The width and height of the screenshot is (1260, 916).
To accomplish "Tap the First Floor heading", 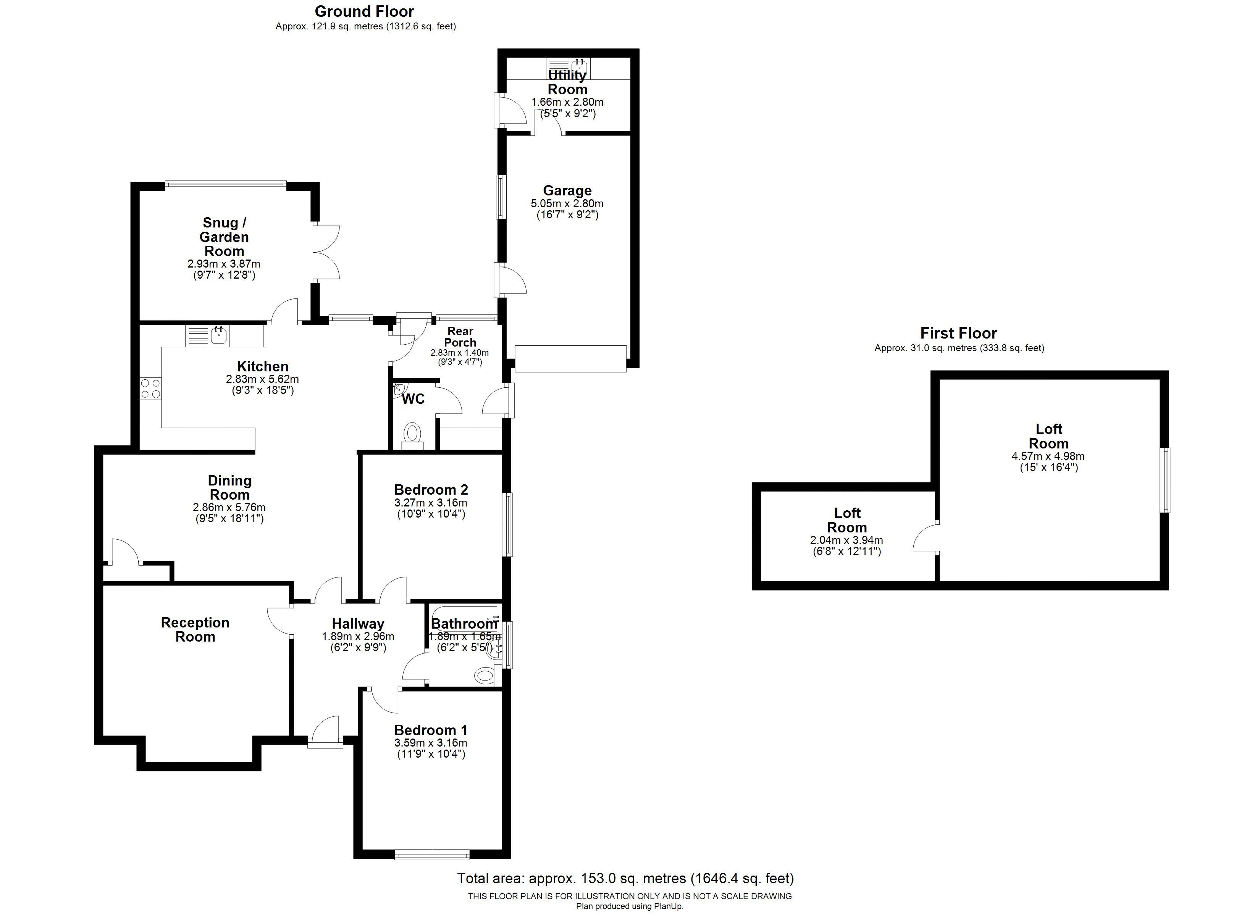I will pos(958,333).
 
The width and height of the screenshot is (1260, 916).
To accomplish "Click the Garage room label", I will pos(567,190).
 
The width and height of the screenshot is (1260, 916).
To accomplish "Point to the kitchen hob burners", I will pos(150,388).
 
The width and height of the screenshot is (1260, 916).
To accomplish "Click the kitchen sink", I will pos(219,335).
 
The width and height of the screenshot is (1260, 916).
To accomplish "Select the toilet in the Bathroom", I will pos(485,676).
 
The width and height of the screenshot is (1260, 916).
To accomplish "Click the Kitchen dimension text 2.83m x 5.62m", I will pos(262,379).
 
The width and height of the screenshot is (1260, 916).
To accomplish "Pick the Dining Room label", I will pos(229,487).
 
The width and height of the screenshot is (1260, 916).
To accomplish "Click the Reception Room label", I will pos(195,629).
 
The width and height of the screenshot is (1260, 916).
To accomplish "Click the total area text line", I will pos(625,878).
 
